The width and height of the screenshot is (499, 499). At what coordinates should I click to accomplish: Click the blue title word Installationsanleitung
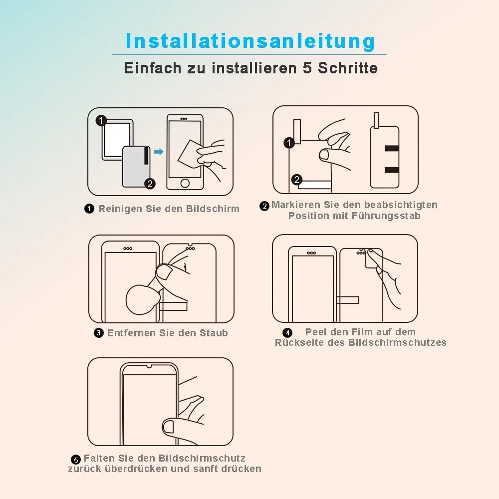coord(250,41)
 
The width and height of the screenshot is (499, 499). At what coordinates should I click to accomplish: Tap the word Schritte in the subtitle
coord(348,68)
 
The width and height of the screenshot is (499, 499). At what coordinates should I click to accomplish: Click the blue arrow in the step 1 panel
coord(159,152)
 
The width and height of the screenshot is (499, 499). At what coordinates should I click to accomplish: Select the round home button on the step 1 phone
coord(185,183)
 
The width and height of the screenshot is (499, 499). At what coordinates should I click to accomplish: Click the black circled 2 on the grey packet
coord(150,184)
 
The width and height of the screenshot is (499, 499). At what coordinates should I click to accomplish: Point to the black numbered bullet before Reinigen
coord(89,209)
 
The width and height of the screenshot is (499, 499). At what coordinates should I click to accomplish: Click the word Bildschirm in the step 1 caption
coord(213,209)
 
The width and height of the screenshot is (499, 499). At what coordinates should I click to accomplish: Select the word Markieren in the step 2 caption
coord(295,205)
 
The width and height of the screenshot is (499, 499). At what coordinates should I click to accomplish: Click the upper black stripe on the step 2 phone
coord(392,148)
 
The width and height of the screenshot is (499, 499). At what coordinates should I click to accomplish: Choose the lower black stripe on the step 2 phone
coord(392,170)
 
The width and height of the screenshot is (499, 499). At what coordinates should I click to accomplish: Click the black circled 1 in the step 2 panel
coord(289,143)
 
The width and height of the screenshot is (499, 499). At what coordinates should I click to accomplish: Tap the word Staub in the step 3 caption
coord(214,333)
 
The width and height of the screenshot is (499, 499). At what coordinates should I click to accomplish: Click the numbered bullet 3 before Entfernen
coord(99,333)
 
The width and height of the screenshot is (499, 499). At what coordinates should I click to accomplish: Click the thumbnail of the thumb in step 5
coord(168,427)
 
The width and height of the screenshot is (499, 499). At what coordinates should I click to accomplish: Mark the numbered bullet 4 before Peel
coord(287,333)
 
